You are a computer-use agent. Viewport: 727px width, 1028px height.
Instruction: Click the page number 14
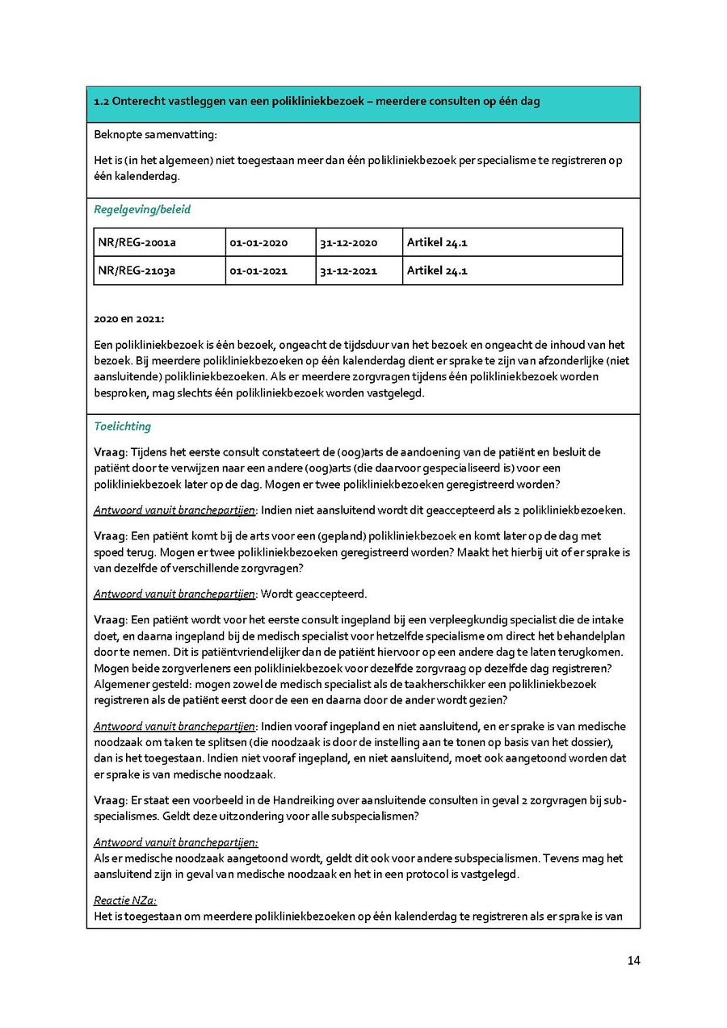633,960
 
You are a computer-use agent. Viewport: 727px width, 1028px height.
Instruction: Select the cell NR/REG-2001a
137,242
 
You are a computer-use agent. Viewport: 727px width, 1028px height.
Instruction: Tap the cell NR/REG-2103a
137,271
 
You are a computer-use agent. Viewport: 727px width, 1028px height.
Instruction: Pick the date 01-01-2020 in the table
258,242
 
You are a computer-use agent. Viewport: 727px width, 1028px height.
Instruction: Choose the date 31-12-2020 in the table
348,242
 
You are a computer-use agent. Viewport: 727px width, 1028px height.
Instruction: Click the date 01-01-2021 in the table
258,271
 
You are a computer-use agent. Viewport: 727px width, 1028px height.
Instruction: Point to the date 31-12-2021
348,271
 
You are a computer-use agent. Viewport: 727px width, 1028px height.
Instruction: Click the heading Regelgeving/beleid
142,209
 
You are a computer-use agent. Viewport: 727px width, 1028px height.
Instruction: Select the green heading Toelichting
122,426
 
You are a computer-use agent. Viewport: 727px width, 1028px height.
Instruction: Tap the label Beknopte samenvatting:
155,134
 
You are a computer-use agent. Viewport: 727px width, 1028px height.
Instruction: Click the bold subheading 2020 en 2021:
128,319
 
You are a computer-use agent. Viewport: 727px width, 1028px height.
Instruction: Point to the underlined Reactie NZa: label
125,900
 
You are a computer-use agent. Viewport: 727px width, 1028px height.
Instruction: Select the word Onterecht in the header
139,102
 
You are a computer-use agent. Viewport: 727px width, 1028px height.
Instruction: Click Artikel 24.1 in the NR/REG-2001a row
437,242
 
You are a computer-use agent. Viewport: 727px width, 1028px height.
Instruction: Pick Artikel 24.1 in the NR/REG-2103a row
437,271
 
